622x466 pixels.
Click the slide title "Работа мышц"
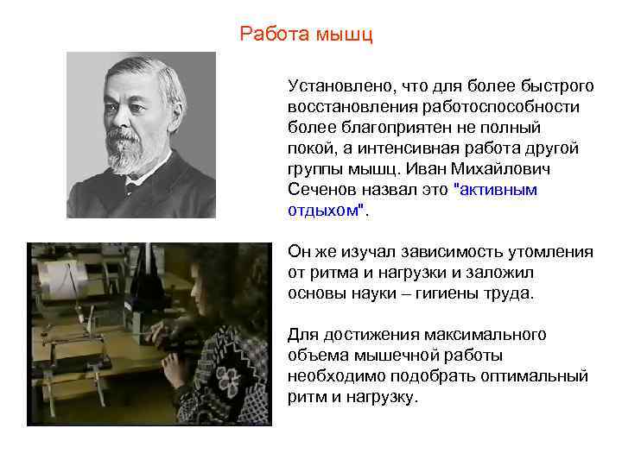(306, 35)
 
